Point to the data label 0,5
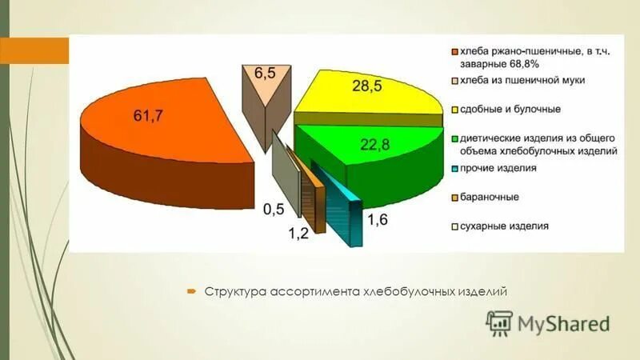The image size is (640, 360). coord(273,209)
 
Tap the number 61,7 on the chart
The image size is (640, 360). coord(148,117)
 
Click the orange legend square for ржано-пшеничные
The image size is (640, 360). coord(454,53)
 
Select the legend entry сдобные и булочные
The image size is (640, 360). coord(509,109)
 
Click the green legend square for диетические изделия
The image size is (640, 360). coord(454,138)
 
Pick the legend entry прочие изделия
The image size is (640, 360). coord(496,168)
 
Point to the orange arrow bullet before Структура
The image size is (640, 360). coord(192,291)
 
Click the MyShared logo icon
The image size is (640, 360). coord(499,323)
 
